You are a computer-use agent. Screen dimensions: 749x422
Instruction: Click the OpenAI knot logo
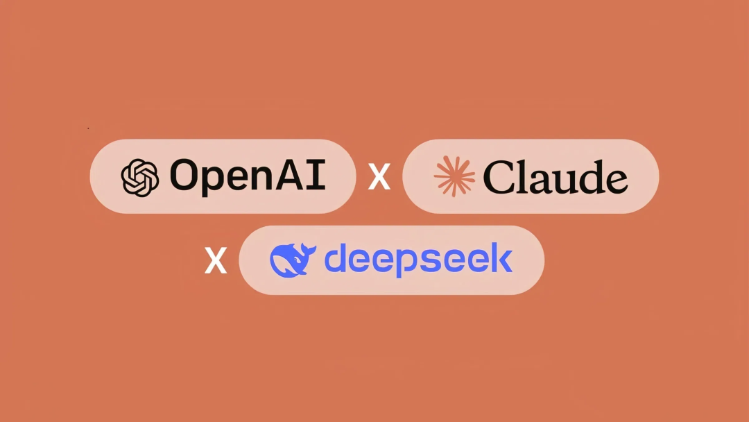pos(139,178)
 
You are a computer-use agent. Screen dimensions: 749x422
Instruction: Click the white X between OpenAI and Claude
pos(379,176)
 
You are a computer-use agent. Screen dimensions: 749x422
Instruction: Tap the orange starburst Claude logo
pos(454,176)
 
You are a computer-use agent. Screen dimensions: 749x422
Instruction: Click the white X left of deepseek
pos(216,260)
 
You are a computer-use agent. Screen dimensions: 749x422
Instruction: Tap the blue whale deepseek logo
pos(293,260)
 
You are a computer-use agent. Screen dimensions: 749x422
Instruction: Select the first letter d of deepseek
pos(336,258)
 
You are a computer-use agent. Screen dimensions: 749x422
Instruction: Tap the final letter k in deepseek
pos(501,258)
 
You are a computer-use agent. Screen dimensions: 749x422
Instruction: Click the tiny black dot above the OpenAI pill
pos(88,128)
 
